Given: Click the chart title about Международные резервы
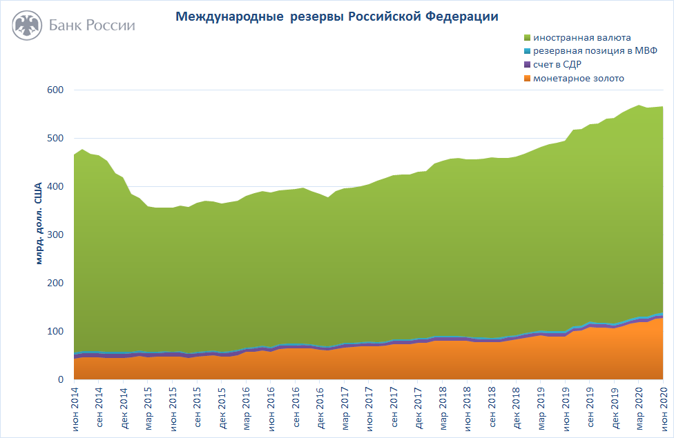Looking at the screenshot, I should [336, 15].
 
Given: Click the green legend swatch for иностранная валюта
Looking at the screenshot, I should [528, 37].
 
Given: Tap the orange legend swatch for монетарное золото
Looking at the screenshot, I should [528, 79].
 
